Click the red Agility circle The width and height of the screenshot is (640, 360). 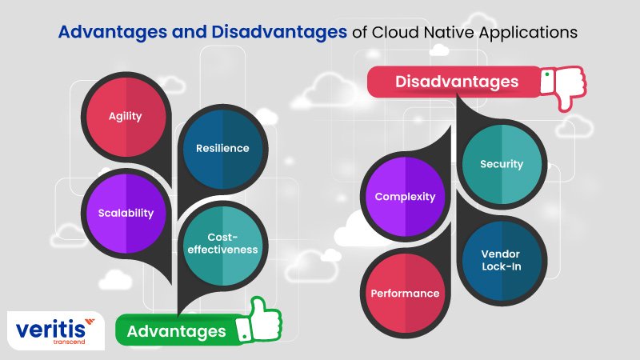(126, 117)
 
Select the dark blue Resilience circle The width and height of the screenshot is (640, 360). (223, 149)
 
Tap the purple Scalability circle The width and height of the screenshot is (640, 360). (126, 214)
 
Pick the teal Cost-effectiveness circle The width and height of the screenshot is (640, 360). (223, 246)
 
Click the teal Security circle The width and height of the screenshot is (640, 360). (502, 164)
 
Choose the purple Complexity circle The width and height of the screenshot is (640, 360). (406, 197)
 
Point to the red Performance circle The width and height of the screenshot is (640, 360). (406, 294)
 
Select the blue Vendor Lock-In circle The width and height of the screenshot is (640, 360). (502, 262)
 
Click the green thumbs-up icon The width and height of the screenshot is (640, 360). (259, 322)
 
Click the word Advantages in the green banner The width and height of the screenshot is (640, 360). (176, 331)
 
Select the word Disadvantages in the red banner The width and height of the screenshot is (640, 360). (457, 82)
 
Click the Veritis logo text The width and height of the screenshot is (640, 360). (51, 329)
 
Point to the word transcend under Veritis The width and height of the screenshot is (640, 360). (69, 342)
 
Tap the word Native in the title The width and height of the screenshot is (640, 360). (450, 32)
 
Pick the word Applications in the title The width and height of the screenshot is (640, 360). (529, 33)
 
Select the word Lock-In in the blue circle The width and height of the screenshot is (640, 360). (502, 266)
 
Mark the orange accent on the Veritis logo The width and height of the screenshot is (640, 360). (90, 322)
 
